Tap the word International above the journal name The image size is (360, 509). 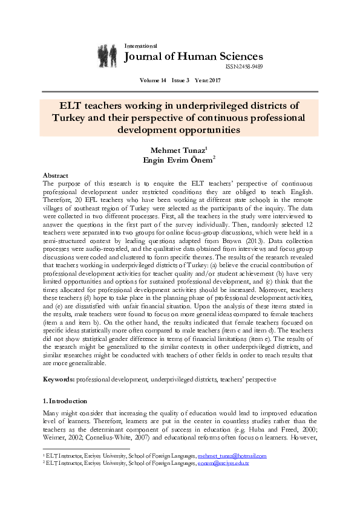[140, 46]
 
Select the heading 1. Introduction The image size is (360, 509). [68, 401]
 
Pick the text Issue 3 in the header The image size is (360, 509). [179, 80]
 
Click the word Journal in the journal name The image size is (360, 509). [146, 57]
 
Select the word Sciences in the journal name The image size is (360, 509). [240, 57]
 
